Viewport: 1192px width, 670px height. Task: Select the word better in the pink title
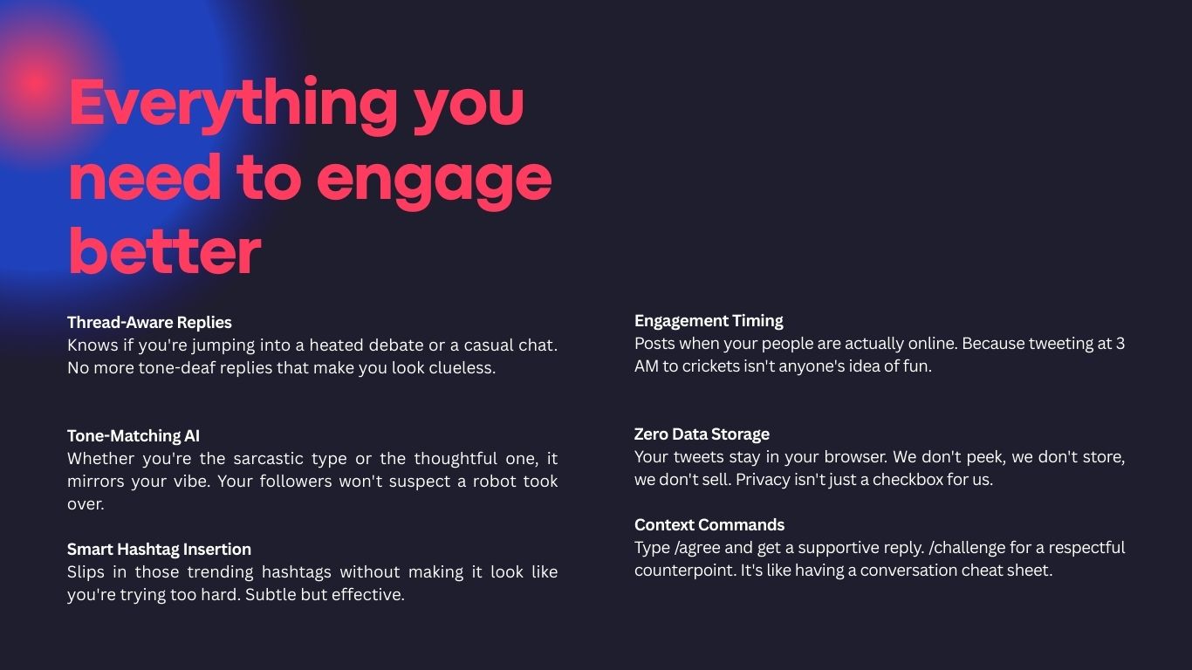point(164,253)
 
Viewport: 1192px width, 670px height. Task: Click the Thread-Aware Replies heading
point(149,323)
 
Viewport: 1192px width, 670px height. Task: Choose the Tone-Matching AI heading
point(134,436)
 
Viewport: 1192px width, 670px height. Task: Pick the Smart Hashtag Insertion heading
point(159,550)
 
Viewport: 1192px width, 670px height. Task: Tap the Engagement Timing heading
point(709,321)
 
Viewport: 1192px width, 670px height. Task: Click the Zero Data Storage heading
point(702,434)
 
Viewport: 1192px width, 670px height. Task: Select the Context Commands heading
point(709,525)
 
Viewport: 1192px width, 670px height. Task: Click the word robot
point(495,482)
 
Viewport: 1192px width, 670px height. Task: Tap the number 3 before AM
point(1120,344)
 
